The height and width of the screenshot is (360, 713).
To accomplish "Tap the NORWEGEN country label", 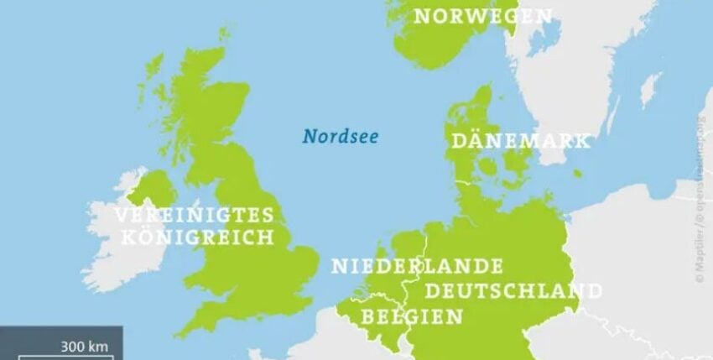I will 484,16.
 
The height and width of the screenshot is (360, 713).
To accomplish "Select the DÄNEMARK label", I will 520,141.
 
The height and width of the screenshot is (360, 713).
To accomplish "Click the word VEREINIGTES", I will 194,214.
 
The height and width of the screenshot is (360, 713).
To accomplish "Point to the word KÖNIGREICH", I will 198,237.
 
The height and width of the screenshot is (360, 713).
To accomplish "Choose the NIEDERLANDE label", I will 417,267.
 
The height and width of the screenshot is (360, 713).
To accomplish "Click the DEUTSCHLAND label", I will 513,291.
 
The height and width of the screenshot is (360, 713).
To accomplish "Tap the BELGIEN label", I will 411,316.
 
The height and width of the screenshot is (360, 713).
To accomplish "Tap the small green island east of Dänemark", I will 577,174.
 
